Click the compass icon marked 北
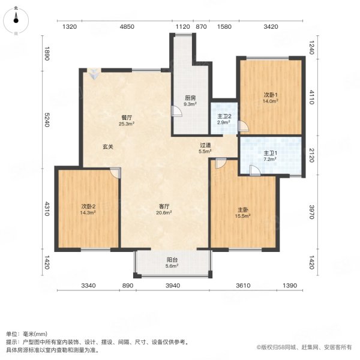16,20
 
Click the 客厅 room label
164,206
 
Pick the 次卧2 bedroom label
89,206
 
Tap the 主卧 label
243,210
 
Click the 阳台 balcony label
172,260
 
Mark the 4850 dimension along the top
127,27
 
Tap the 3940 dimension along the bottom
173,286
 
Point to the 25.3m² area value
126,125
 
